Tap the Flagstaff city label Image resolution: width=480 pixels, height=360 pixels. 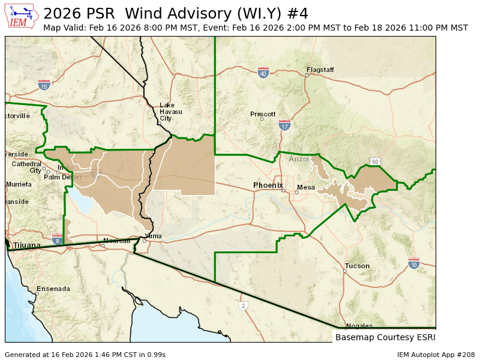click(x=320, y=70)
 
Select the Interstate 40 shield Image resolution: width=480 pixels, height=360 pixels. click(x=263, y=73)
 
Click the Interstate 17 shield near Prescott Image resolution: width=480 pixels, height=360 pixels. click(x=284, y=125)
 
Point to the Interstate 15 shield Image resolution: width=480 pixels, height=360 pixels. click(x=44, y=85)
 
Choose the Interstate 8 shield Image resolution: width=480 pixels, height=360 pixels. click(x=57, y=239)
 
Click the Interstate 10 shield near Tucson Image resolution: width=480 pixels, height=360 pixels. click(x=413, y=263)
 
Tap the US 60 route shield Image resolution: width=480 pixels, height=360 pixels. click(x=375, y=161)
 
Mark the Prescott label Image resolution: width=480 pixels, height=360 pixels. click(x=263, y=114)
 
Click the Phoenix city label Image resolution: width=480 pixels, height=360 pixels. click(x=268, y=185)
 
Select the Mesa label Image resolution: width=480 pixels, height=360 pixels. click(x=306, y=187)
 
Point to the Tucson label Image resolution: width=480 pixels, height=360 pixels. click(x=357, y=266)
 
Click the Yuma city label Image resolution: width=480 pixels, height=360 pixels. click(x=153, y=236)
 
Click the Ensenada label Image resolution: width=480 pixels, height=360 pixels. click(x=53, y=289)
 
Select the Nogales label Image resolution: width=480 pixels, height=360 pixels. click(x=359, y=326)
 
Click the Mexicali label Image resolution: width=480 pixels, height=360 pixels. click(x=116, y=241)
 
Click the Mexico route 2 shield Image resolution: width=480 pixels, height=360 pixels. click(x=243, y=305)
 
